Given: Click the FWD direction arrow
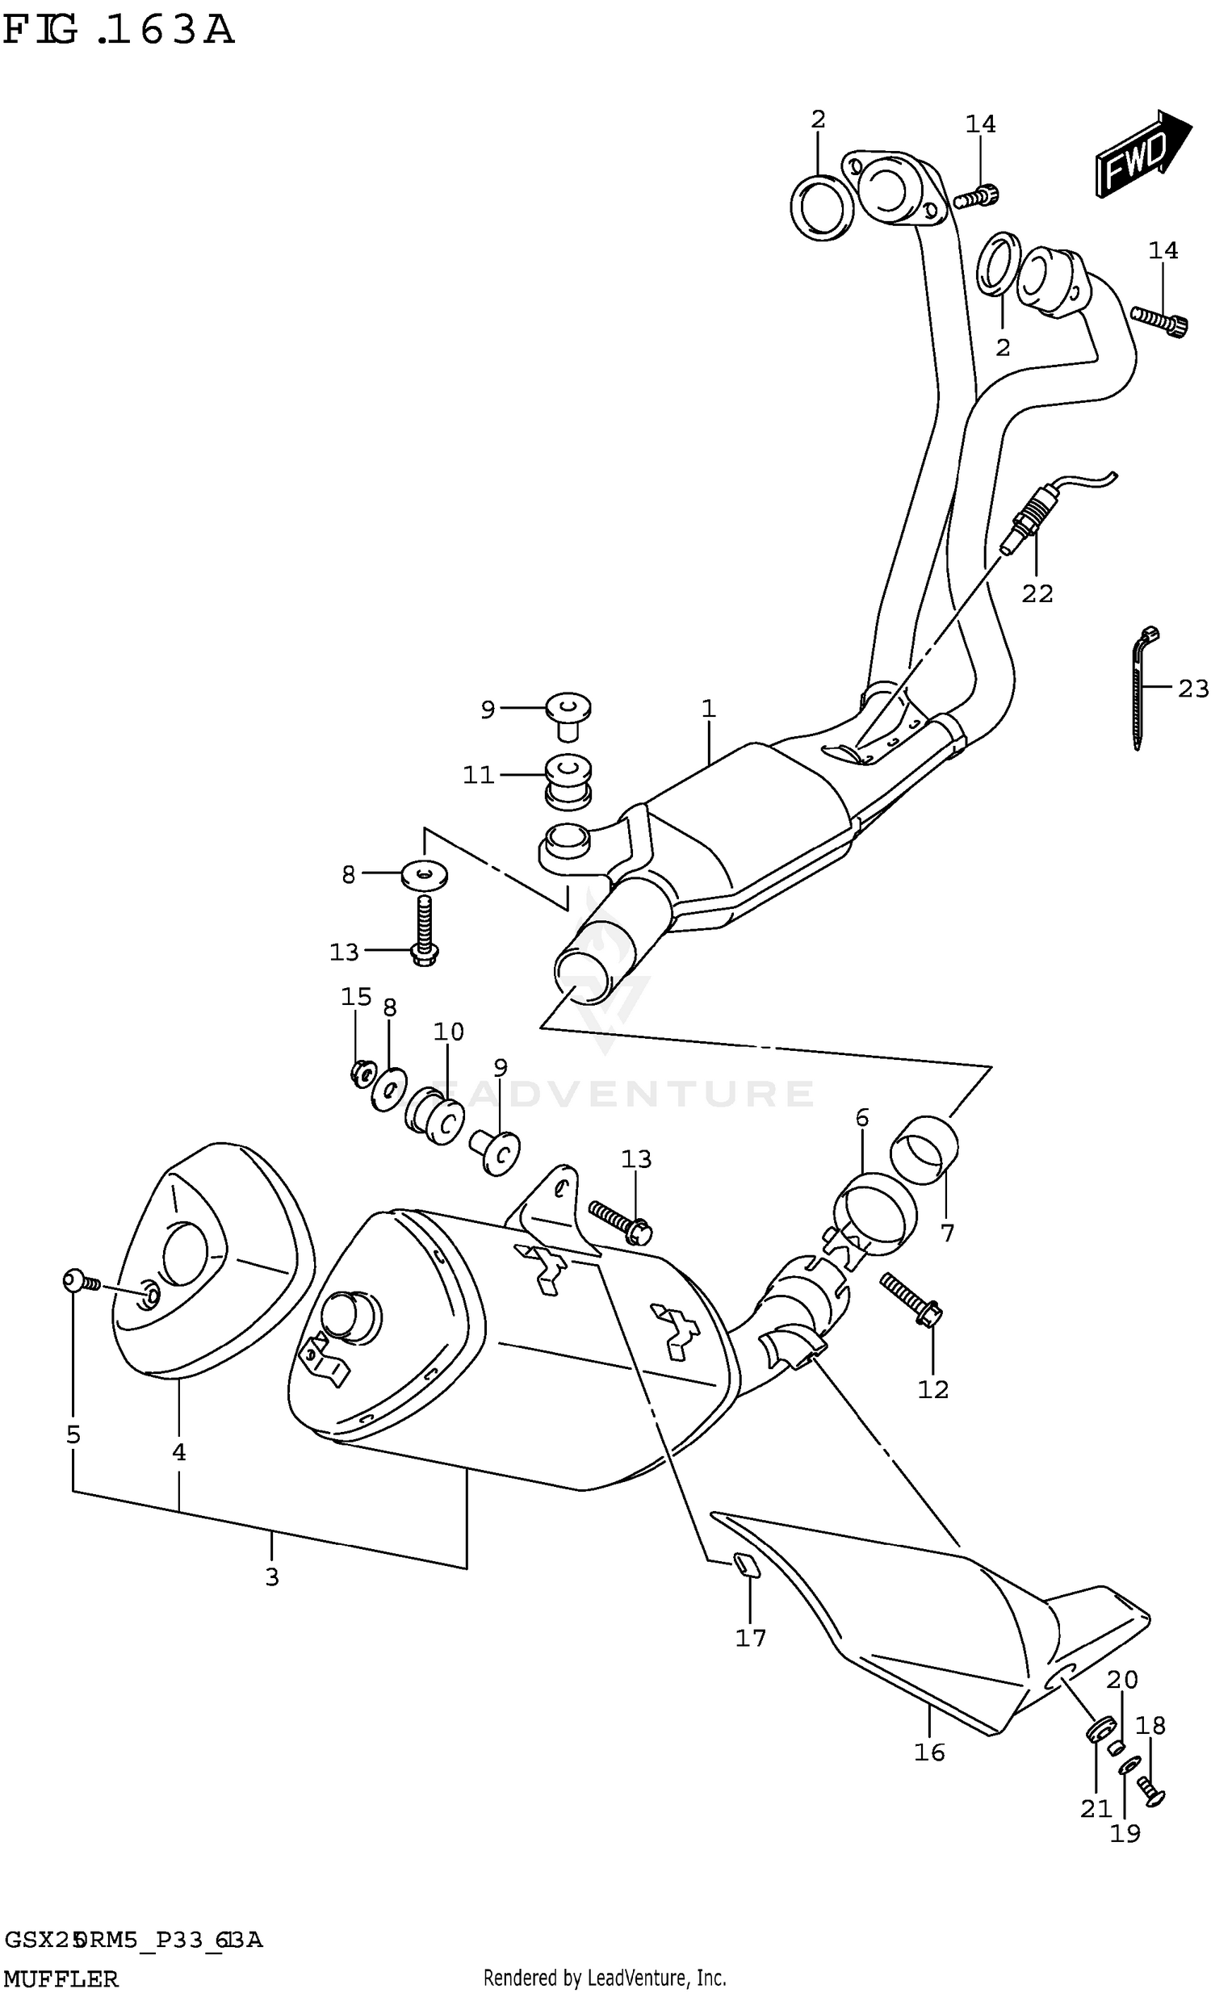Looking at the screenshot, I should tap(1141, 152).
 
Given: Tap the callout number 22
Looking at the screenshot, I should tap(1037, 594).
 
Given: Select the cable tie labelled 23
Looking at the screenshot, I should tap(1140, 688).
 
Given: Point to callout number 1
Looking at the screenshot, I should tap(709, 709).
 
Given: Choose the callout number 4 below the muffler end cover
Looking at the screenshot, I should tap(178, 1453).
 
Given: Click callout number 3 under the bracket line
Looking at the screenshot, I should tap(272, 1576).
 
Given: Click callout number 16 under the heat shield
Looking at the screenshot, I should tap(929, 1752).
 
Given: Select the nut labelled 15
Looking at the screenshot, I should tap(361, 1074).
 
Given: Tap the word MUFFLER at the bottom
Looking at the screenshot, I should tap(61, 1978).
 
